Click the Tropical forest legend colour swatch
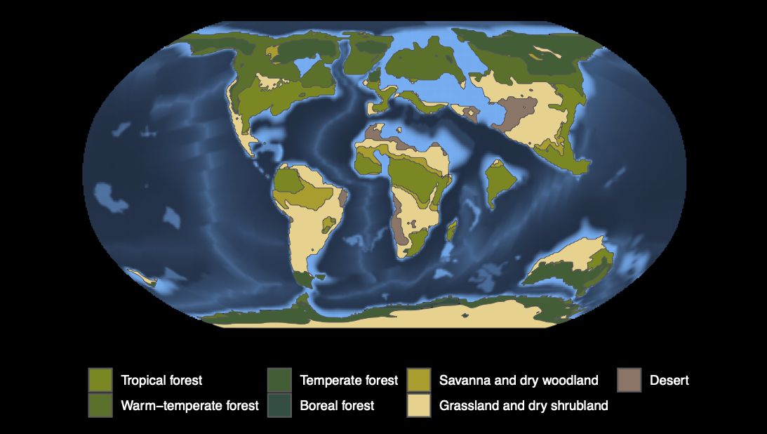click(100, 380)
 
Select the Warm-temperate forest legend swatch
click(100, 405)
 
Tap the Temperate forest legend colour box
click(279, 380)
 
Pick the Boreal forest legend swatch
click(279, 405)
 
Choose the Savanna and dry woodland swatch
click(419, 380)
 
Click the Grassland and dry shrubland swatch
click(419, 405)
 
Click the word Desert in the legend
click(669, 381)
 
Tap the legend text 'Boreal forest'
click(337, 406)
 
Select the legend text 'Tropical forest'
click(161, 381)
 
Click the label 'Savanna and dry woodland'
click(519, 381)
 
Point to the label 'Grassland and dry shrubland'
click(523, 406)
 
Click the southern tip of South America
click(303, 280)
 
